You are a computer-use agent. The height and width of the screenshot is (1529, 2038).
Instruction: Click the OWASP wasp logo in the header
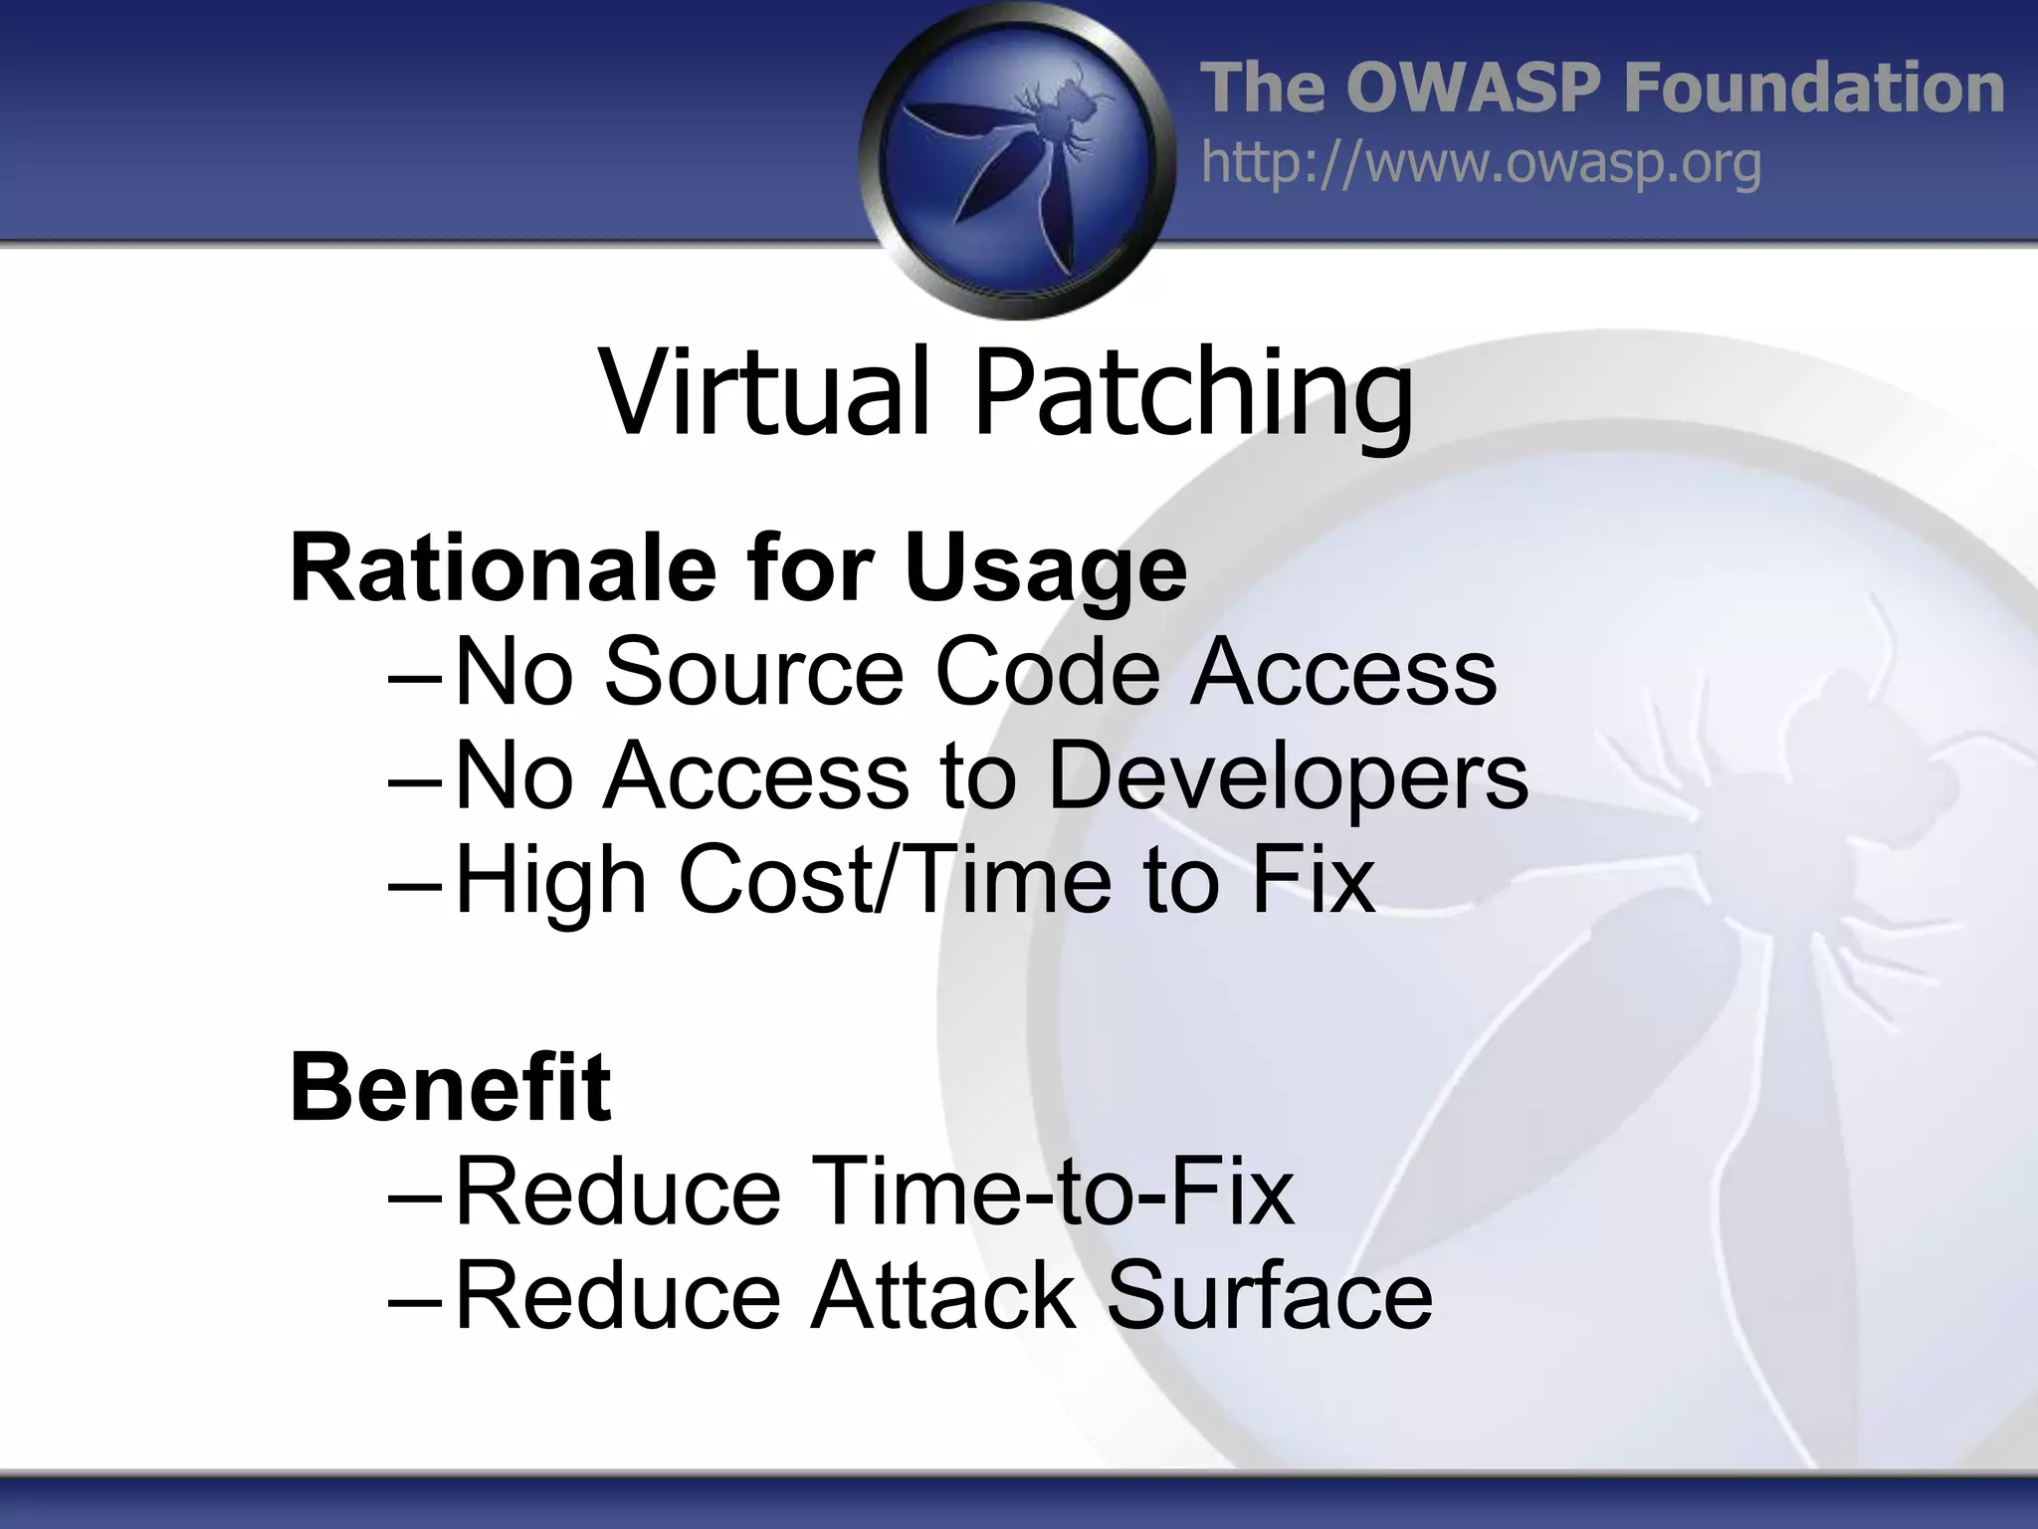pos(1017,159)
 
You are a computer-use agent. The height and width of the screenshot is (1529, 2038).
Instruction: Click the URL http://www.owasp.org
pos(1481,163)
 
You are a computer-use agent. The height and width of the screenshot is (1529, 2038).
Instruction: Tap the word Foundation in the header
pos(1813,88)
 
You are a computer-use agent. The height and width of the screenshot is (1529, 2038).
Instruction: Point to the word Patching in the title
pos(1193,394)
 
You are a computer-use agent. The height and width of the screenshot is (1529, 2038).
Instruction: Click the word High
pos(551,882)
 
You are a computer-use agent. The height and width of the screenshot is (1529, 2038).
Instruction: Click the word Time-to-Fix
pos(1053,1191)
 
